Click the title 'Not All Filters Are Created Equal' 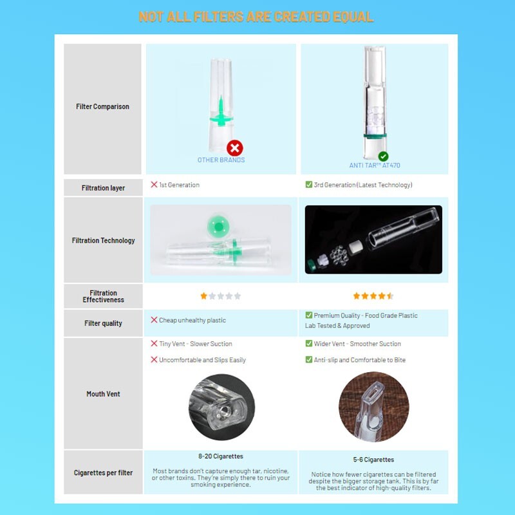[256, 17]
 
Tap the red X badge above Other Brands [235, 148]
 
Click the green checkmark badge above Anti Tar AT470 [383, 156]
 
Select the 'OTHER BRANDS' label [221, 160]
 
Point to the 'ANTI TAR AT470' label [375, 165]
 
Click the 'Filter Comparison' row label [102, 106]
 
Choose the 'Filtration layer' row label [103, 188]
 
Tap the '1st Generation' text [180, 185]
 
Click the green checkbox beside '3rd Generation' [309, 184]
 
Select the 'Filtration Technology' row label [103, 240]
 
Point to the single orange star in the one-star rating [203, 296]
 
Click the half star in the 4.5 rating [390, 296]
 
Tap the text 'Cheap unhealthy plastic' [192, 320]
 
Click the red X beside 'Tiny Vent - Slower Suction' [154, 343]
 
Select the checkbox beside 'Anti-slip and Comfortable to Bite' [309, 359]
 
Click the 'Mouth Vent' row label [103, 394]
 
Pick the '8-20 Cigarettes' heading [221, 456]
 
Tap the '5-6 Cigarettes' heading [373, 460]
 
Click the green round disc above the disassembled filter [218, 227]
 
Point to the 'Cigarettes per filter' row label [103, 473]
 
